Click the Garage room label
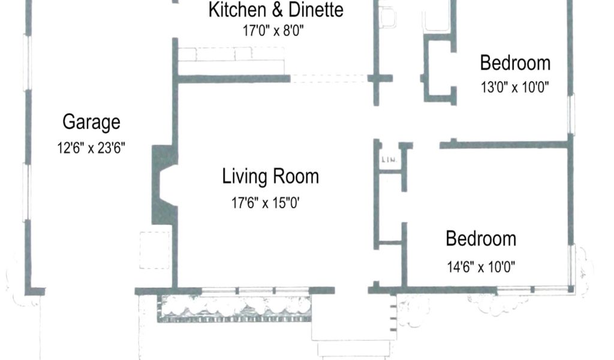(91, 122)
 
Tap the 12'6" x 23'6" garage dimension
(91, 148)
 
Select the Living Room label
(270, 176)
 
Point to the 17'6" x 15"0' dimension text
(265, 203)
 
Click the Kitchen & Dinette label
(276, 10)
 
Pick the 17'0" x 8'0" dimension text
(273, 30)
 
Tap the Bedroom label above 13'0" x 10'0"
(515, 62)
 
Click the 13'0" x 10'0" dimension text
(514, 87)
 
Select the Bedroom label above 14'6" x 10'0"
(481, 239)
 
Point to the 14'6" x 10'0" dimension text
(481, 267)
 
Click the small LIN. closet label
(389, 160)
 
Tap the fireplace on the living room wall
(164, 185)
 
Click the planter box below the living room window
(234, 308)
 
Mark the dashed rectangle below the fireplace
(155, 250)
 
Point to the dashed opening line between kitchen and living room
(329, 79)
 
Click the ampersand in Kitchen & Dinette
(277, 10)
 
